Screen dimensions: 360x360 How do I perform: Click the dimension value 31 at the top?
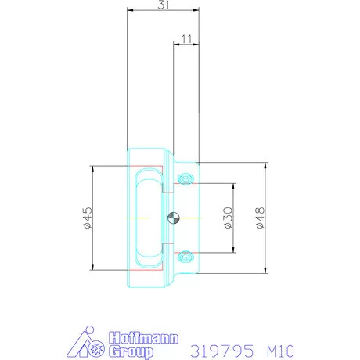[x=163, y=5]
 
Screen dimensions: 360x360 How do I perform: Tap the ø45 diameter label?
[x=88, y=218]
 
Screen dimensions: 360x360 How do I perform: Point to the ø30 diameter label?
[x=228, y=218]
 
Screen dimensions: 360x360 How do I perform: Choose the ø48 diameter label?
[x=261, y=218]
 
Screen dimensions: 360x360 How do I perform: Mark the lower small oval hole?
[x=185, y=254]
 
